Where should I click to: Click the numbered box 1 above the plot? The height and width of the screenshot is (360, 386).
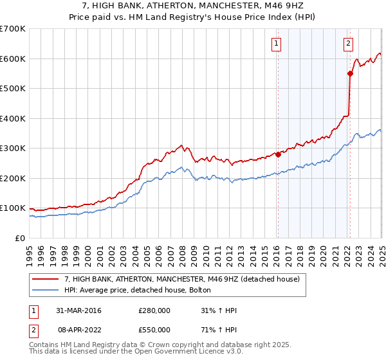[x=276, y=44]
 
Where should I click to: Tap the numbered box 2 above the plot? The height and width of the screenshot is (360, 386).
[x=348, y=44]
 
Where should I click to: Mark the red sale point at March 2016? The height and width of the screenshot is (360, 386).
[x=278, y=154]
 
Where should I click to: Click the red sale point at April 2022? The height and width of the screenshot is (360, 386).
[x=350, y=73]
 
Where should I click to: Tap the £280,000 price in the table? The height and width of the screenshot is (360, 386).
[x=154, y=310]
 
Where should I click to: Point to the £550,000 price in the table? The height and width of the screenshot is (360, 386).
[x=154, y=331]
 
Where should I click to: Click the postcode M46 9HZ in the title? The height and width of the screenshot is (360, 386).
[x=289, y=6]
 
